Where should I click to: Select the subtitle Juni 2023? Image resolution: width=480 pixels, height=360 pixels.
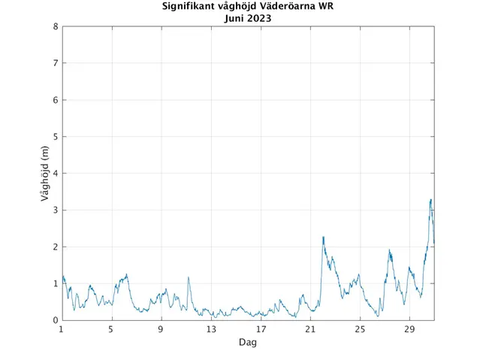coord(248,18)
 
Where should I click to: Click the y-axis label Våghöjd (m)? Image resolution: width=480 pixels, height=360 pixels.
coord(44,174)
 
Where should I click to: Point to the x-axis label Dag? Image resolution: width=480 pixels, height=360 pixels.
coord(248,342)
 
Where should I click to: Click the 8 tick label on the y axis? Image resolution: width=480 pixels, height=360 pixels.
coord(56,26)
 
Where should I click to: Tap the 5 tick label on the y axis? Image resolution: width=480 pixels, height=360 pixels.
coord(56,137)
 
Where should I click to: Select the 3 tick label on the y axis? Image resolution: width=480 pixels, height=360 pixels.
coord(56,210)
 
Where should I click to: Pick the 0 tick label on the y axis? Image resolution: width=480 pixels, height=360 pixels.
coord(56,320)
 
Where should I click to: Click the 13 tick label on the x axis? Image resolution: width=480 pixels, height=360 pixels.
coord(211,329)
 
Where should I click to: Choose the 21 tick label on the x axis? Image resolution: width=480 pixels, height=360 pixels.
coord(310,329)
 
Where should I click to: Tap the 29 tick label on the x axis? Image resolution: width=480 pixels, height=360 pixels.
coord(409,329)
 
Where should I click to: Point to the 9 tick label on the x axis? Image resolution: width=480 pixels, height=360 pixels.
coord(161,329)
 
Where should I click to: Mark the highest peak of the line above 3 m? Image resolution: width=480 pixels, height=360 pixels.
coord(430,199)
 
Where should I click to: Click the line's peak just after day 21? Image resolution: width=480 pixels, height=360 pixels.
coord(323,237)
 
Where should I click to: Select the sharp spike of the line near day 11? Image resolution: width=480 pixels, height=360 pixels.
coord(189,277)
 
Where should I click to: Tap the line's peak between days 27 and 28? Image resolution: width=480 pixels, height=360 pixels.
coord(389,250)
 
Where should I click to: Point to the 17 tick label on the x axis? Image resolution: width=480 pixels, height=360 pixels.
coord(261,329)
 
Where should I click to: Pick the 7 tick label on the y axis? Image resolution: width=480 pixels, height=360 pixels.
coord(56,63)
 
